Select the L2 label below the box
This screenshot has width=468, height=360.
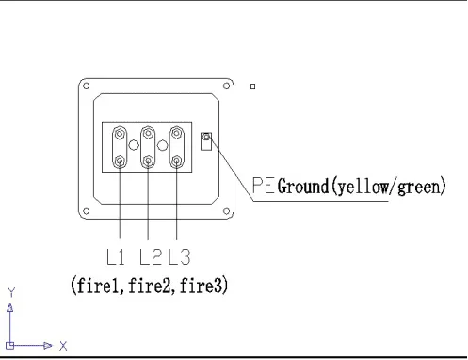(x=150, y=256)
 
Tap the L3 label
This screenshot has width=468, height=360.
(x=179, y=256)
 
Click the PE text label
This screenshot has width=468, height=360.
(x=265, y=187)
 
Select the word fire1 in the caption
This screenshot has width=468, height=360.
(x=102, y=285)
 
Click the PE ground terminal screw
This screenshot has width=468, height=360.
(x=206, y=140)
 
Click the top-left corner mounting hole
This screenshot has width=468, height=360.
(x=86, y=87)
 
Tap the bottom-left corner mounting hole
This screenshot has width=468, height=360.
(x=86, y=209)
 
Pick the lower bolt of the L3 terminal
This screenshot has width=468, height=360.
(x=176, y=161)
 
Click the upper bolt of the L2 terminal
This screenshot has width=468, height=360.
(x=148, y=133)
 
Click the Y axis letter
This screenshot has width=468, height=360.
(x=10, y=292)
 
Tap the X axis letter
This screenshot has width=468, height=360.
(x=64, y=346)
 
